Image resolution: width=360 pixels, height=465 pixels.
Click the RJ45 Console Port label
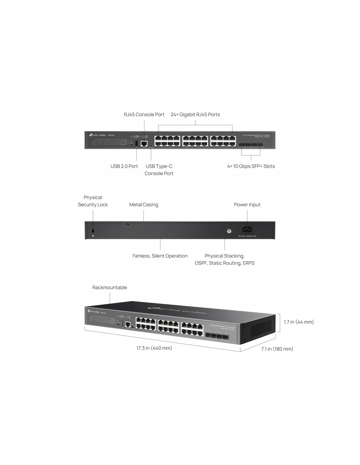tap(144, 114)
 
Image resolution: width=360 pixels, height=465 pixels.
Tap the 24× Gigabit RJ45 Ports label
tap(195, 114)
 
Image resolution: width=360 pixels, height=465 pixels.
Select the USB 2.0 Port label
tap(124, 166)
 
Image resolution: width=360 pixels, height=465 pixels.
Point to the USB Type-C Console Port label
tap(159, 170)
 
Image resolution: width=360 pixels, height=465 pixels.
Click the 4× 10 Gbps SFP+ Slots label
tap(251, 166)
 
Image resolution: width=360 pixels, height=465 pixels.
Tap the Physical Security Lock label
tap(93, 201)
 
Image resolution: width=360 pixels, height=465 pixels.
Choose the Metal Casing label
tap(144, 205)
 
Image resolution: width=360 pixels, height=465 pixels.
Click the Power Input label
tap(247, 205)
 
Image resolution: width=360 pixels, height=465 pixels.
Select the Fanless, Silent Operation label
tap(160, 256)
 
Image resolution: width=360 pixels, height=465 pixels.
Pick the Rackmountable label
tap(110, 288)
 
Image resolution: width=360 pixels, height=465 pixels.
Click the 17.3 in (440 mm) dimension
tap(154, 348)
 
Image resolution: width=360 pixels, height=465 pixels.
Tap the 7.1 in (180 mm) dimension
tap(277, 349)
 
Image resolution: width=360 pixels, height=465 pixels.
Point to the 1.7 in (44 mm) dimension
tap(298, 322)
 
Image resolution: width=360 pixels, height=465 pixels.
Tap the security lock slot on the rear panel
tap(93, 231)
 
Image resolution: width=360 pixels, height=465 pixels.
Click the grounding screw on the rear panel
tap(229, 231)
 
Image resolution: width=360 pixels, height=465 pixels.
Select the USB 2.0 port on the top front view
tap(136, 143)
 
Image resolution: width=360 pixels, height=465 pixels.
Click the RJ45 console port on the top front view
tap(144, 143)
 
